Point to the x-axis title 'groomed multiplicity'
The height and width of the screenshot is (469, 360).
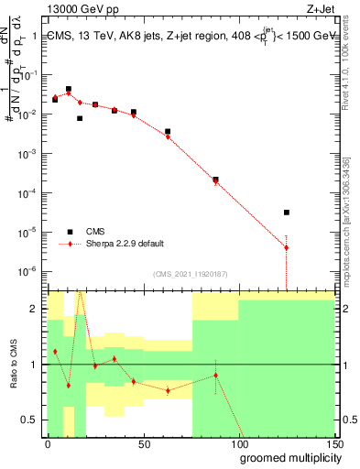[287, 457]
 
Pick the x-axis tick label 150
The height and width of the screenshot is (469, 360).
[333, 443]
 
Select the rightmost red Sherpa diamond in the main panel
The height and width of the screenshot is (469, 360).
[287, 247]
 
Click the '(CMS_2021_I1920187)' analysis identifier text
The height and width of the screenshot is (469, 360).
[190, 272]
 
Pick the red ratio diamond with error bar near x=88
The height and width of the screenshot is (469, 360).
[215, 375]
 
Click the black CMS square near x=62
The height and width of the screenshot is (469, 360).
[168, 132]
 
